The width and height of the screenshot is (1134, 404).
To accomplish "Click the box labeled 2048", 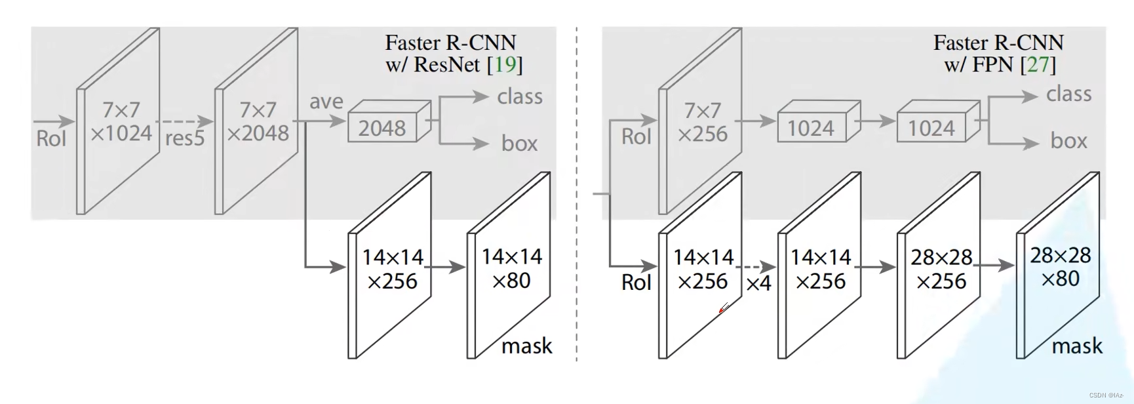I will point(382,128).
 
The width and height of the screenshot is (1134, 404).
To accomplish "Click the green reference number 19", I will point(505,64).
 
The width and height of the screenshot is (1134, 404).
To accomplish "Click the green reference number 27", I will point(1038,64).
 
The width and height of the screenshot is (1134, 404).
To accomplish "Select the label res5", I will point(185,139).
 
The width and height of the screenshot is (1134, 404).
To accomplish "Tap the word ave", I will point(326,102).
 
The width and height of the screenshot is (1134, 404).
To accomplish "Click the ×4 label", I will point(758,284).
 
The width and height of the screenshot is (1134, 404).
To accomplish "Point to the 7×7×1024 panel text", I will point(121,121).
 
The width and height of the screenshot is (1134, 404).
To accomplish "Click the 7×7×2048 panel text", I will point(258,121).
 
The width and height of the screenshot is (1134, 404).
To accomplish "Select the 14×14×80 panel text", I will point(511,268).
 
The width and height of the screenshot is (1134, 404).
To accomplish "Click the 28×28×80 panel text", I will point(1060,267).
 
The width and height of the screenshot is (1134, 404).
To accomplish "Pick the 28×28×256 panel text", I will point(941,269).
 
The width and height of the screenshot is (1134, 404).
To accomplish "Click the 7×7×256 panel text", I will point(703,122).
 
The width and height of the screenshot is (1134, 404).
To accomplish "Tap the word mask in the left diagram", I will point(526,346).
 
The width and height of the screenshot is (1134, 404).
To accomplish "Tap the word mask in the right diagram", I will point(1077,346).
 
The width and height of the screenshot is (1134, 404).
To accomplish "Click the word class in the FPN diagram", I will point(1068,94).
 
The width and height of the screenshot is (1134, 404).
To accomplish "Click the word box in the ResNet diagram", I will point(519,144).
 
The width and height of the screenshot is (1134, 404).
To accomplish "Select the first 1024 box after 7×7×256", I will point(811,129).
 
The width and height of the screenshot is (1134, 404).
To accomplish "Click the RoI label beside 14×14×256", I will point(636,283).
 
